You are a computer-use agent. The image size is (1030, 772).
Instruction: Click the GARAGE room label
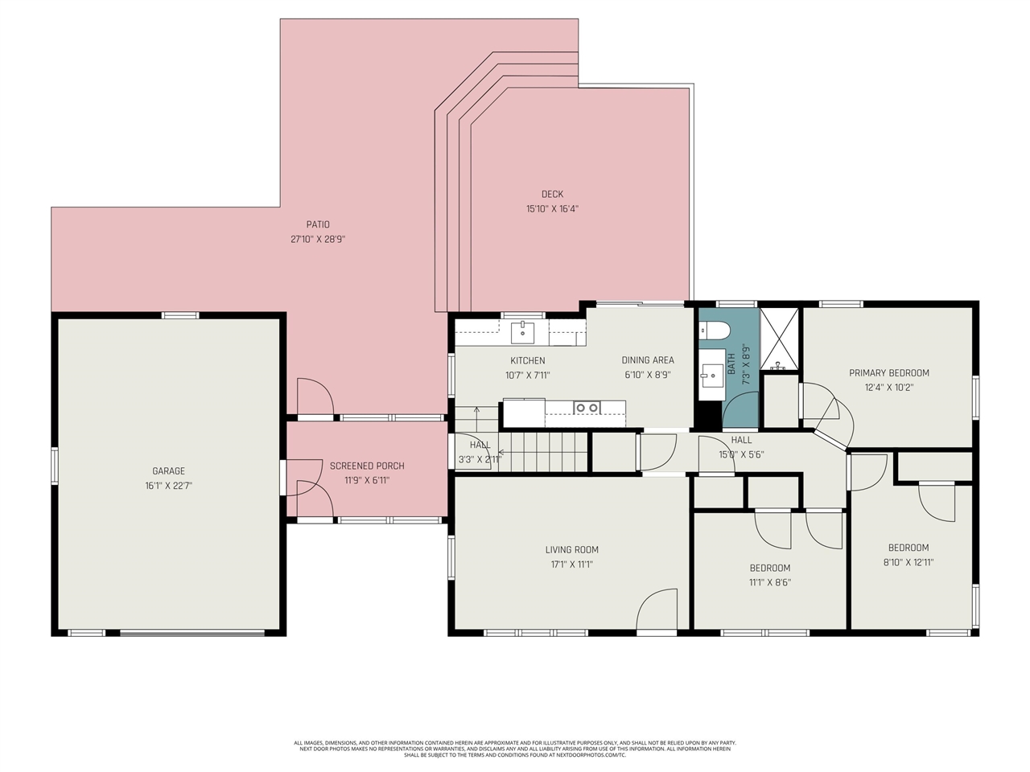[x=168, y=471]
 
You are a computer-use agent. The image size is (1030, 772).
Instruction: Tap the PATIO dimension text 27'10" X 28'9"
[x=318, y=239]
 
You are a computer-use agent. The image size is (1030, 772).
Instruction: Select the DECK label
[x=552, y=194]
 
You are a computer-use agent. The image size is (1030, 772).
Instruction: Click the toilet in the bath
[x=713, y=330]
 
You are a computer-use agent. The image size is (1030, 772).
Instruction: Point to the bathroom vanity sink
[x=711, y=375]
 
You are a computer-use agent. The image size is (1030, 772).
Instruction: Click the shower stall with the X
[x=779, y=338]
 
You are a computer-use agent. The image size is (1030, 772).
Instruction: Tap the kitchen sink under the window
[x=522, y=330]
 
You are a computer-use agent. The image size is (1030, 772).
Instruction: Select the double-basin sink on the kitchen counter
[x=586, y=409]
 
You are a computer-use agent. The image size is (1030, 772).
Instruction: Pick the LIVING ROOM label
[x=571, y=550]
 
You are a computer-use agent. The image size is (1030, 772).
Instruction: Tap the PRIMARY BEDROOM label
[x=888, y=373]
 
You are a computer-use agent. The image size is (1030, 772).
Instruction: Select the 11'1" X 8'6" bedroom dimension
[x=770, y=582]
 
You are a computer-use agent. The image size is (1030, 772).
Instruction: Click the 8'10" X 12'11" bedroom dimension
[x=908, y=563]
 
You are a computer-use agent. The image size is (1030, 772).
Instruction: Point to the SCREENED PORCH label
[x=367, y=466]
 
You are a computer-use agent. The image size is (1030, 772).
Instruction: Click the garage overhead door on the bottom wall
[x=192, y=633]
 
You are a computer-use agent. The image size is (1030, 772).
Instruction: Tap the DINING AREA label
[x=647, y=360]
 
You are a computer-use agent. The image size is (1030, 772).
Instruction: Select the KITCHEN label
[x=527, y=360]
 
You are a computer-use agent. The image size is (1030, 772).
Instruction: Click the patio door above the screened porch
[x=314, y=397]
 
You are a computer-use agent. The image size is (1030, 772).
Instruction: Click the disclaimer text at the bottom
[x=515, y=749]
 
